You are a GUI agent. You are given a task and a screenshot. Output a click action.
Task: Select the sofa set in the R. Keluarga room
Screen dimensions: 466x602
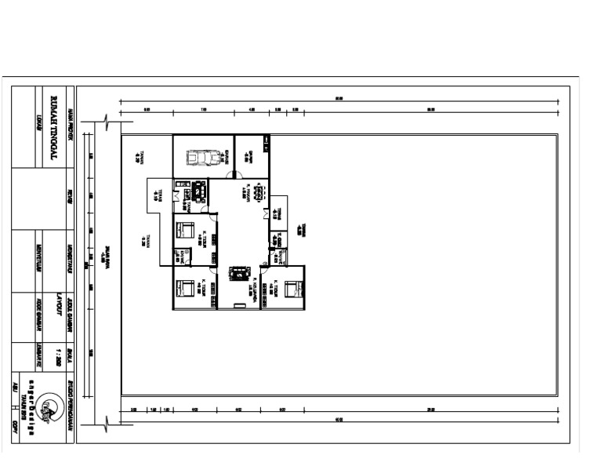pos(237,272)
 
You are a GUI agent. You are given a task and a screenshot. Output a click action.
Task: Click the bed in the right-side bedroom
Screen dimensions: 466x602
pos(292,289)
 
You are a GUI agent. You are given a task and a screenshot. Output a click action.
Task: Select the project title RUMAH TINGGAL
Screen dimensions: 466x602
pos(53,129)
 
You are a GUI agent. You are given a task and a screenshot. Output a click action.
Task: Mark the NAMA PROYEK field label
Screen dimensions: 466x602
pos(71,121)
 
